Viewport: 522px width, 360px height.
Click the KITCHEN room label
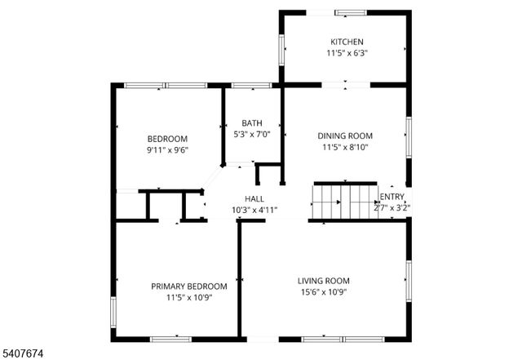point(347,42)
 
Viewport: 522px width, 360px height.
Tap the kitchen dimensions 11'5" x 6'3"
point(347,54)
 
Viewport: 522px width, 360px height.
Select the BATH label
point(251,123)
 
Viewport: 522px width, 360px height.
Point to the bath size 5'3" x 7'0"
point(251,135)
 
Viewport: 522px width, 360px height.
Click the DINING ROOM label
point(345,136)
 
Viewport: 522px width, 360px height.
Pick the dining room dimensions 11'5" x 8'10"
point(345,148)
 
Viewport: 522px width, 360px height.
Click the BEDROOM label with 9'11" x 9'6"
point(167,138)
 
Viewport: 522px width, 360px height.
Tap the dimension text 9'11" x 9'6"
point(167,150)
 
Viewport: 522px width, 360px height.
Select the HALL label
point(254,198)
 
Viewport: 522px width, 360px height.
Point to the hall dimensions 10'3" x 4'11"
point(254,210)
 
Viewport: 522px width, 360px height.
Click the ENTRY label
point(392,196)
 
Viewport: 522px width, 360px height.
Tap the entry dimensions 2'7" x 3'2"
point(392,207)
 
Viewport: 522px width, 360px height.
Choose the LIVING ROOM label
point(322,281)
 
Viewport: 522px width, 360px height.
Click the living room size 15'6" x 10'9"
point(322,292)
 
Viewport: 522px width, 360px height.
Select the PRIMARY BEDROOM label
point(189,286)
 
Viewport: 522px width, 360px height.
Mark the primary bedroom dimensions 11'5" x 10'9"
point(189,297)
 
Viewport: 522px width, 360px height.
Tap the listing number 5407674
point(24,353)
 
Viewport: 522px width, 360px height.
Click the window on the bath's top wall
point(251,85)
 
